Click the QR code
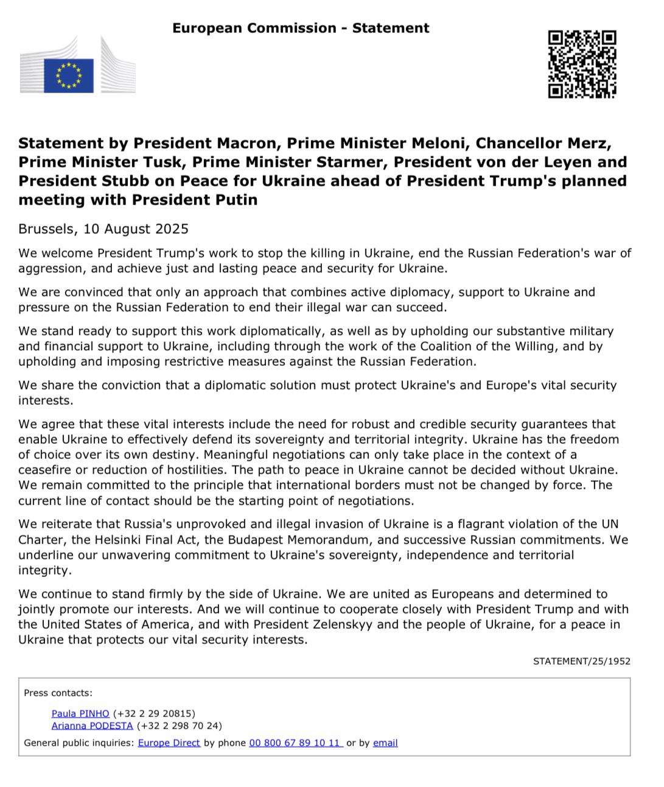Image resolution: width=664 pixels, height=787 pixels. coord(582,64)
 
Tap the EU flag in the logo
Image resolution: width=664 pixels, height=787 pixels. coord(69,76)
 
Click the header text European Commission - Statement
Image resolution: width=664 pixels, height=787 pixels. coord(301,28)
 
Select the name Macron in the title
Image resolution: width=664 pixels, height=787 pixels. coord(247,144)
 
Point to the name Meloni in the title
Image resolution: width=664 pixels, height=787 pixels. coord(439,144)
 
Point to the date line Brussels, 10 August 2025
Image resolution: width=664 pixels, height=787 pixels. coord(103,229)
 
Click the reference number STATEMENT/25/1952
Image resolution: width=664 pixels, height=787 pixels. coord(581,661)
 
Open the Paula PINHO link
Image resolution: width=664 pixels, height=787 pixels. coord(80,713)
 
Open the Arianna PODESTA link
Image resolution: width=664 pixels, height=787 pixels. coord(92,726)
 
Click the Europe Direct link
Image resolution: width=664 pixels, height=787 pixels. coord(169,743)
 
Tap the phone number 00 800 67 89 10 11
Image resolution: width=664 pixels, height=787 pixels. coord(295,743)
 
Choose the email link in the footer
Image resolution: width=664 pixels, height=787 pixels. coord(385,743)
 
